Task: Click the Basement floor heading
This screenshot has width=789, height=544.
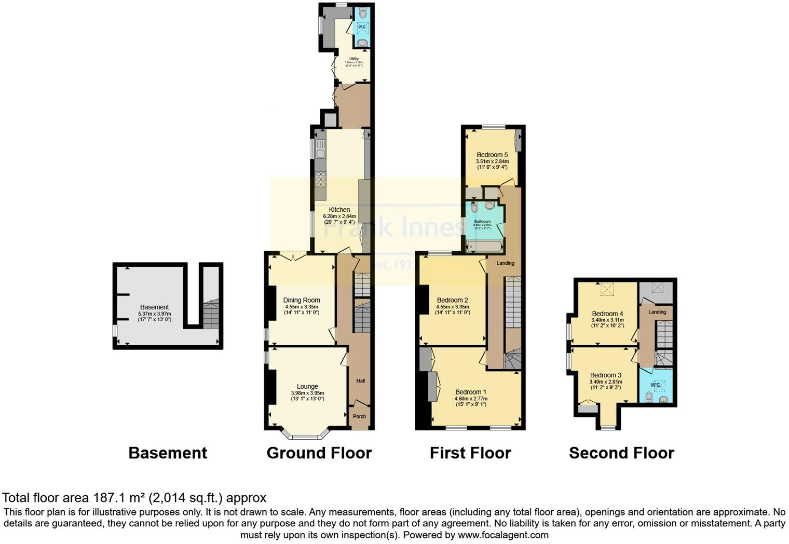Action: click(168, 453)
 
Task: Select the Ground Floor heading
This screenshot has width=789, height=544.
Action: click(319, 453)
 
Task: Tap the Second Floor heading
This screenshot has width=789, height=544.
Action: click(621, 453)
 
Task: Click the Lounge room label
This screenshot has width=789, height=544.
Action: click(307, 386)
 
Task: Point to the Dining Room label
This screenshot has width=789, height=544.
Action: click(301, 300)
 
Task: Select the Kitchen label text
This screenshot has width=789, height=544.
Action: click(339, 210)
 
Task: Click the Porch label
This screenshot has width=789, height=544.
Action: click(359, 416)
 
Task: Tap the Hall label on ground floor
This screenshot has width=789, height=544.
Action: click(360, 381)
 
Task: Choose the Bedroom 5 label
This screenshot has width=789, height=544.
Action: click(492, 155)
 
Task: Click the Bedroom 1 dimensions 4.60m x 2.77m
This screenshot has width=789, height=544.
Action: click(471, 399)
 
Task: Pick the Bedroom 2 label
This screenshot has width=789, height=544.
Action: click(452, 300)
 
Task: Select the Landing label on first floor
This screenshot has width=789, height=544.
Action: click(505, 263)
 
